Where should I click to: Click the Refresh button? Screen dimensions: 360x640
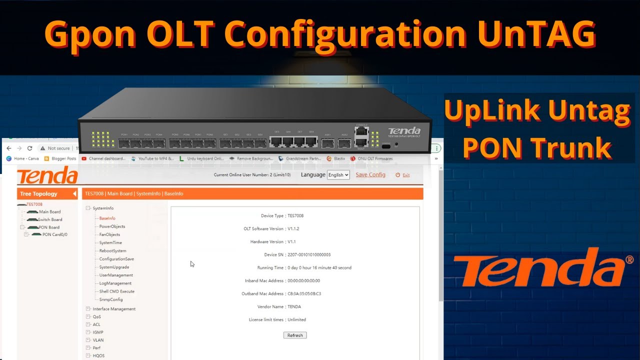[295, 335]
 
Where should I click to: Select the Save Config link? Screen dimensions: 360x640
[370, 175]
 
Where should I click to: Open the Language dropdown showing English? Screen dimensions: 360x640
[338, 175]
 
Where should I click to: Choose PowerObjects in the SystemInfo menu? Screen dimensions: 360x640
[112, 226]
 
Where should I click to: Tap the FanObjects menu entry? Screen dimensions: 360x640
[109, 234]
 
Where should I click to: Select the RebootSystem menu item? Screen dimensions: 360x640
[112, 251]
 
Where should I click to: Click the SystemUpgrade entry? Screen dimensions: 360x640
[114, 267]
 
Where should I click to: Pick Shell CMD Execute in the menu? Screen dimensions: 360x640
[116, 291]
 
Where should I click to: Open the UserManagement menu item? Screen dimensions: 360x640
[116, 275]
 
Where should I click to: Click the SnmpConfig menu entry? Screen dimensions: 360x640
[110, 299]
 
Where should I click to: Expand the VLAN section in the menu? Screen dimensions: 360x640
[98, 340]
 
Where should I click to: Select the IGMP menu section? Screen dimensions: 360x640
[98, 332]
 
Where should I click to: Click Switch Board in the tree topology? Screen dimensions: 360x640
[50, 219]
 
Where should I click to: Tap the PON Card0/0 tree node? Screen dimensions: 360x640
[54, 234]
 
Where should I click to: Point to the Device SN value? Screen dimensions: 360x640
[309, 255]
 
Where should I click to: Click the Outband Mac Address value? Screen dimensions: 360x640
[304, 294]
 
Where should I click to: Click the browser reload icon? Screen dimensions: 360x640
[30, 148]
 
